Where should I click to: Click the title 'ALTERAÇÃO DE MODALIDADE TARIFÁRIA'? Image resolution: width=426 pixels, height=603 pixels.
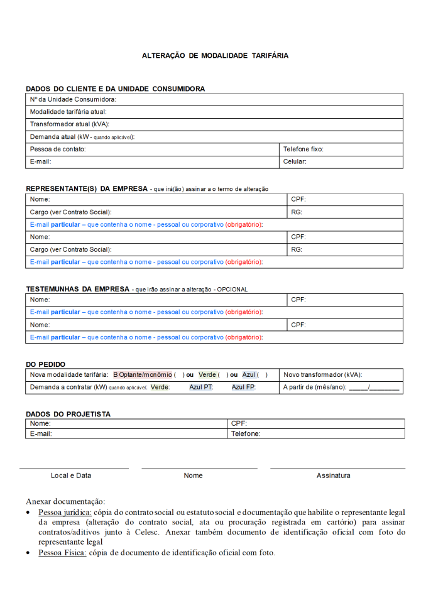pyautogui.click(x=215, y=55)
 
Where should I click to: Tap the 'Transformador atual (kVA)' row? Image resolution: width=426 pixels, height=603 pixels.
pyautogui.click(x=214, y=124)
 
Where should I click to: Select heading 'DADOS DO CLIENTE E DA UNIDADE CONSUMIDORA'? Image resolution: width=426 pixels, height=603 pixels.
pyautogui.click(x=115, y=89)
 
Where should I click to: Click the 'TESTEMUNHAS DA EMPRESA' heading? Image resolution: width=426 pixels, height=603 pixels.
pyautogui.click(x=77, y=289)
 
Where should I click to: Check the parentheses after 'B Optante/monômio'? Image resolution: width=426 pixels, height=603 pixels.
pyautogui.click(x=179, y=374)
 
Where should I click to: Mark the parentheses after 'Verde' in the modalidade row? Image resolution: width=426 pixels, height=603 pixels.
pyautogui.click(x=223, y=374)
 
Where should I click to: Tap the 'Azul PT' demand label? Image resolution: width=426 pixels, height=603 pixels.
pyautogui.click(x=201, y=388)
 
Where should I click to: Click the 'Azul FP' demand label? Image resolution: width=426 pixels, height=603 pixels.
pyautogui.click(x=243, y=388)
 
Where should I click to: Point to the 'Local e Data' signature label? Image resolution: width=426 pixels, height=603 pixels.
pyautogui.click(x=71, y=475)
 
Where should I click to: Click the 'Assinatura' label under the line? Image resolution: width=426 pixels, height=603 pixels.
pyautogui.click(x=333, y=475)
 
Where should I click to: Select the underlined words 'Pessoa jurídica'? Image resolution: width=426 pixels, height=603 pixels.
pyautogui.click(x=65, y=513)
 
